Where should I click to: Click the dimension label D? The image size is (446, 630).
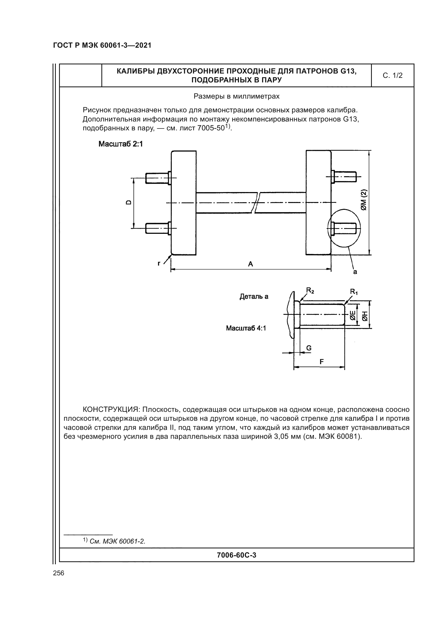[128, 203]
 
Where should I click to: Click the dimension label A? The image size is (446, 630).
[250, 264]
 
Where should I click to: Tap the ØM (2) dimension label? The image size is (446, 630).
[364, 200]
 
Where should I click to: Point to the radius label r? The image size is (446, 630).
[159, 263]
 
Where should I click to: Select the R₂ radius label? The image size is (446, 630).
[310, 290]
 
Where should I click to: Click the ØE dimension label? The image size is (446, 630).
[352, 316]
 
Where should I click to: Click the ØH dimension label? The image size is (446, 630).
[365, 316]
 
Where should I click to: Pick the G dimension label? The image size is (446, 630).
[309, 348]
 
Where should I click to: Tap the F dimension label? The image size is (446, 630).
[321, 362]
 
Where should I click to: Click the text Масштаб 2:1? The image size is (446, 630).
[121, 144]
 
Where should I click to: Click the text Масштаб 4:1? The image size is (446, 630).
[246, 328]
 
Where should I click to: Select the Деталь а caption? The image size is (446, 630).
[254, 296]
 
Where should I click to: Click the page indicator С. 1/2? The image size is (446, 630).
[392, 75]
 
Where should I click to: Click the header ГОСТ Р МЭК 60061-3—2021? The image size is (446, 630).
[102, 46]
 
